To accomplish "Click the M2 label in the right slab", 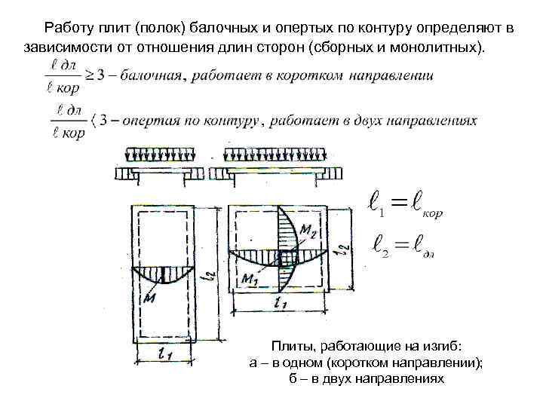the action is point(307,229).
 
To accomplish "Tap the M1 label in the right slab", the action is point(250,279).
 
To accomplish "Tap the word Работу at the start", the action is point(69,28).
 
